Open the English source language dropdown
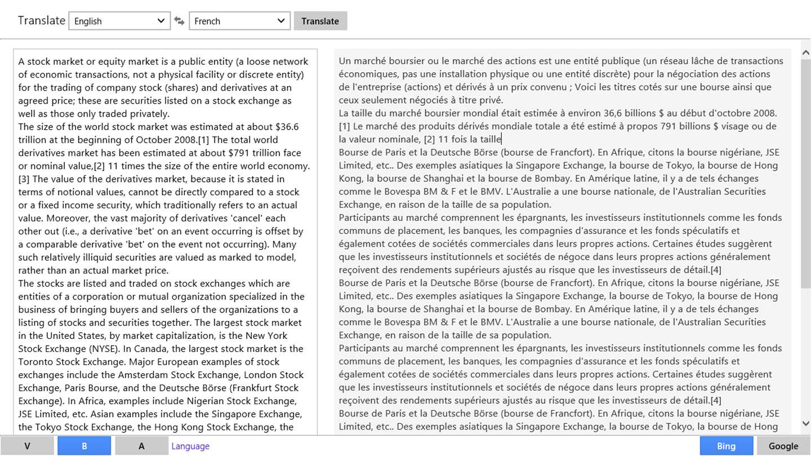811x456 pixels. tap(119, 21)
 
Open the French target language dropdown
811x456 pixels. tap(239, 21)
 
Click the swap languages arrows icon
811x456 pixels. tap(179, 21)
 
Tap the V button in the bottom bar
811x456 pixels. tap(27, 446)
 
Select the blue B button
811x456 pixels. tap(84, 446)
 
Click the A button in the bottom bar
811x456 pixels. tap(141, 446)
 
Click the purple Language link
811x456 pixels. tap(190, 446)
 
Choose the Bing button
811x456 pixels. tap(726, 446)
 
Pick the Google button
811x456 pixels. tap(783, 446)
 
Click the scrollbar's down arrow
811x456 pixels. tap(805, 423)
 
